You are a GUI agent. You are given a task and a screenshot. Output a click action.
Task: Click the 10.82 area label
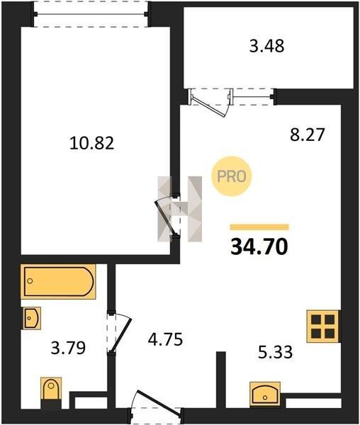pos(91,143)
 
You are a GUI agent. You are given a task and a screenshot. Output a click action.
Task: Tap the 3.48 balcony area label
pos(266,46)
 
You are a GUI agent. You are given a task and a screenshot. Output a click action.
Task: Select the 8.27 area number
pos(307,135)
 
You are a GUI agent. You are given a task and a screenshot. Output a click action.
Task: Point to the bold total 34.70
pos(259,247)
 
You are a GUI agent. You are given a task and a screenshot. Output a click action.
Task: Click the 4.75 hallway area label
pos(165,339)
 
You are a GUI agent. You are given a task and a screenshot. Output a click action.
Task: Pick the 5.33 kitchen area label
pos(275,352)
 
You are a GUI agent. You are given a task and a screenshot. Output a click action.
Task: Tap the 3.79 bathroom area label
pos(68,348)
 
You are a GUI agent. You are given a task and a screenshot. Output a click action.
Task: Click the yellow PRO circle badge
pos(232,176)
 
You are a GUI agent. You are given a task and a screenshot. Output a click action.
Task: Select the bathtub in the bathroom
pos(58,282)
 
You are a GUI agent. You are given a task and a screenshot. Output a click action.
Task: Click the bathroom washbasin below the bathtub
pos(32,318)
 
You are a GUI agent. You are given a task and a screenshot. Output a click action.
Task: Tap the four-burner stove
pos(323,326)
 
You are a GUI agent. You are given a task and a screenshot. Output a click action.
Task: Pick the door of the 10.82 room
pos(166,216)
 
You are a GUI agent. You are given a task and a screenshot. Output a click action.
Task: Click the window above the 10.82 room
pos(91,14)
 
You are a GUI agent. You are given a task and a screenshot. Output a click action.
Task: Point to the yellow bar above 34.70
pos(259,227)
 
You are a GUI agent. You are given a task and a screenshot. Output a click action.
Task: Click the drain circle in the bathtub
pos(30,281)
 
